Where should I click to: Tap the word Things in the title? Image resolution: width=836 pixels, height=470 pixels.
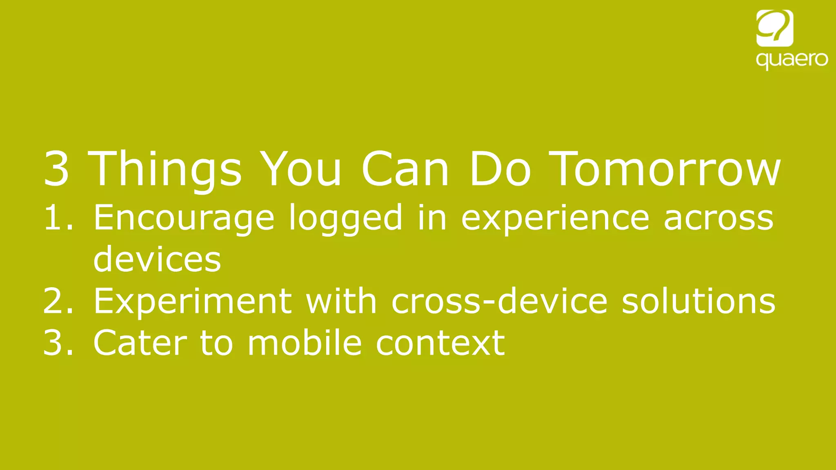click(x=165, y=169)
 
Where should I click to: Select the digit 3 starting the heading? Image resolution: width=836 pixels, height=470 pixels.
click(x=56, y=169)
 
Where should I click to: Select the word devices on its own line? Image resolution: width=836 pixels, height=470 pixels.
click(x=157, y=259)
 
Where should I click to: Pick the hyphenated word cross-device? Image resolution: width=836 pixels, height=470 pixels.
click(x=500, y=301)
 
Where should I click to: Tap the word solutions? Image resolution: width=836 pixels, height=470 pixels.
click(x=698, y=301)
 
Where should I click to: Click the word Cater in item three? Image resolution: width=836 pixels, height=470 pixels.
click(x=140, y=343)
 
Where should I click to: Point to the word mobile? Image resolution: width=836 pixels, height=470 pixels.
click(x=305, y=343)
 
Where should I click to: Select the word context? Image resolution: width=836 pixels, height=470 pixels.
click(x=440, y=343)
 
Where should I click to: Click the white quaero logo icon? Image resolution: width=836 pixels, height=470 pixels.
click(x=774, y=28)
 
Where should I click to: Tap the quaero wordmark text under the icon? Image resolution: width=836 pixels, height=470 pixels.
click(x=792, y=60)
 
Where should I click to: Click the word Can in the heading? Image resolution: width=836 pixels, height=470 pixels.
click(x=405, y=169)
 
